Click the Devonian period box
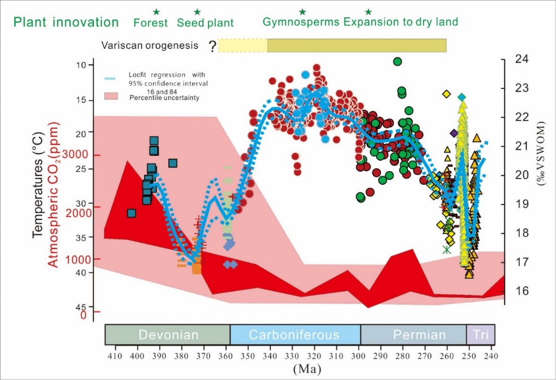pyautogui.click(x=168, y=335)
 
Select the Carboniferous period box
pyautogui.click(x=294, y=335)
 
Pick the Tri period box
pyautogui.click(x=480, y=335)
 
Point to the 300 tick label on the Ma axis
pyautogui.click(x=358, y=357)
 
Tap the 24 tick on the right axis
pyautogui.click(x=522, y=59)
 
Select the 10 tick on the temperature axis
pyautogui.click(x=81, y=65)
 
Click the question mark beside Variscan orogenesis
pyautogui.click(x=212, y=46)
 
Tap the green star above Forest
pyautogui.click(x=156, y=12)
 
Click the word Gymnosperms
pyautogui.click(x=301, y=23)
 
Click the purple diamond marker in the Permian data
pyautogui.click(x=454, y=133)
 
